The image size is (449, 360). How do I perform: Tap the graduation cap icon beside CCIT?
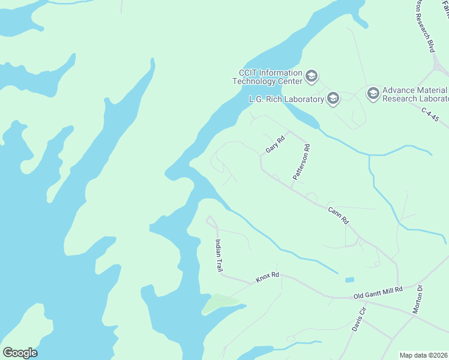pos(311,76)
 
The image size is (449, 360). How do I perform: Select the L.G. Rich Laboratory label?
pos(286,99)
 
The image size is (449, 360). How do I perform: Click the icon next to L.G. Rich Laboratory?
pos(333,98)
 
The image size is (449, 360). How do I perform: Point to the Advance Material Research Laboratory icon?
pos(373,92)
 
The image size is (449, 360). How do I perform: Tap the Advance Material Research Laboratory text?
pos(415,94)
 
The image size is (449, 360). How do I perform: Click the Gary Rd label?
pos(275,144)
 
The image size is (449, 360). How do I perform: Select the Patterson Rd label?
pos(301,162)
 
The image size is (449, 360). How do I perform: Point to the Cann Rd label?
pos(338,215)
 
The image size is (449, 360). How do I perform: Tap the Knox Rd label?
pos(268,278)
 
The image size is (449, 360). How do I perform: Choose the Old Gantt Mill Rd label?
pos(378,292)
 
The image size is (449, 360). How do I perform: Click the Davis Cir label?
pos(359,319)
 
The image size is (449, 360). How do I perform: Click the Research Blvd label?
pos(424,27)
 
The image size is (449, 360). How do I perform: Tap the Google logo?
pos(20,352)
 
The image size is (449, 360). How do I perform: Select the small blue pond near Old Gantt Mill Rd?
pos(349,280)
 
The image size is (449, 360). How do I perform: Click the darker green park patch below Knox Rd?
pos(217,303)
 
